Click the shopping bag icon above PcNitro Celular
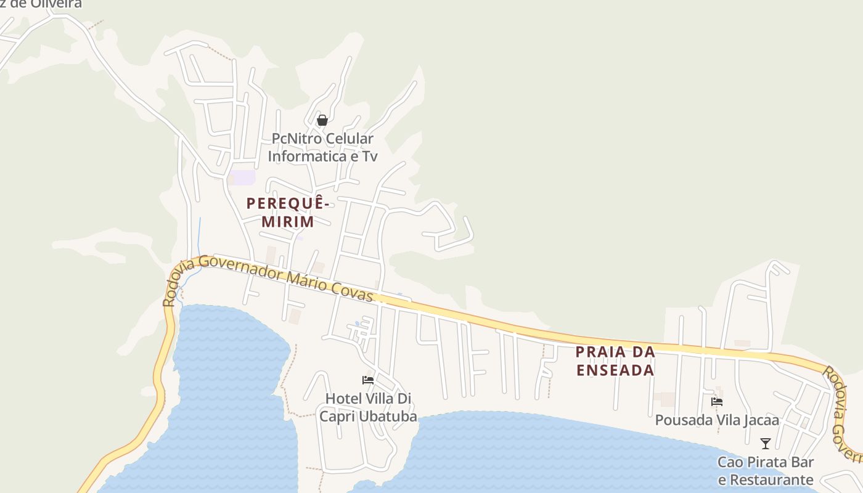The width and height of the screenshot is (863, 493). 322,120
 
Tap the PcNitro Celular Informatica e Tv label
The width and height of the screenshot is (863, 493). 322,147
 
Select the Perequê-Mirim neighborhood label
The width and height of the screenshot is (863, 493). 287,212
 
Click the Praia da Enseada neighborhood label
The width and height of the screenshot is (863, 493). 615,361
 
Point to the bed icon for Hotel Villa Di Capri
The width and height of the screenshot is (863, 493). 368,380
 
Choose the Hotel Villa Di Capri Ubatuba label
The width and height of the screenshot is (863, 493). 368,407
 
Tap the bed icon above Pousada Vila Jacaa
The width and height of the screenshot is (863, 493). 717,402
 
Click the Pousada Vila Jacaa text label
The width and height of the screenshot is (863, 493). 717,420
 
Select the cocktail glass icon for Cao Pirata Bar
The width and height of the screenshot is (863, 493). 766,443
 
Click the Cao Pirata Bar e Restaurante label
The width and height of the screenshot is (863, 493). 766,471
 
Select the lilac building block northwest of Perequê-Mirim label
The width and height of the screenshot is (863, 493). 242,177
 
